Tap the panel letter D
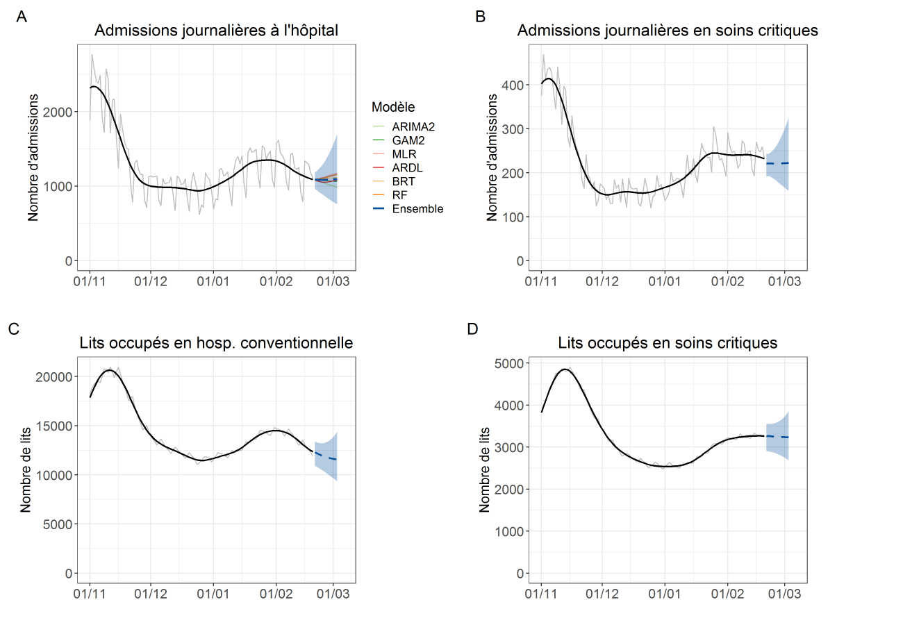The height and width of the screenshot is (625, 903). pyautogui.click(x=473, y=329)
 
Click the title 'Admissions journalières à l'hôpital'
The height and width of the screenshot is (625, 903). pyautogui.click(x=216, y=31)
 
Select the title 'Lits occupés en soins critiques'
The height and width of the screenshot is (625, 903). pyautogui.click(x=668, y=343)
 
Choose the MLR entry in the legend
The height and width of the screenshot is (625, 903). pyautogui.click(x=404, y=153)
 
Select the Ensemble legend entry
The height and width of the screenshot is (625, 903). pyautogui.click(x=417, y=208)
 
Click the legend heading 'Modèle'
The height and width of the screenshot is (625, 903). pyautogui.click(x=393, y=107)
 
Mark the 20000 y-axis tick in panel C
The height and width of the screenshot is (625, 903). pyautogui.click(x=55, y=376)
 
